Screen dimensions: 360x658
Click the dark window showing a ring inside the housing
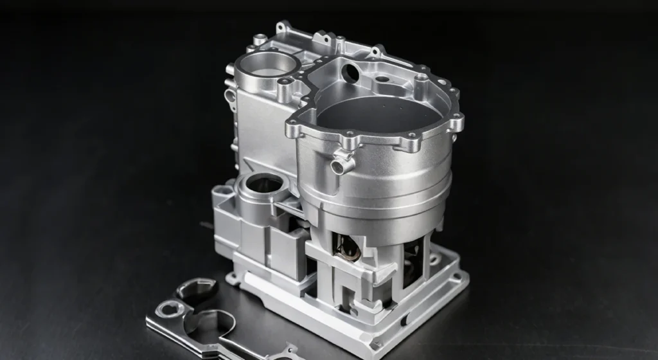click(x=346, y=248)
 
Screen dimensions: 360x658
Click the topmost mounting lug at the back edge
click(x=282, y=28)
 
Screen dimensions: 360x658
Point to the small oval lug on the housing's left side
click(x=230, y=96)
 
